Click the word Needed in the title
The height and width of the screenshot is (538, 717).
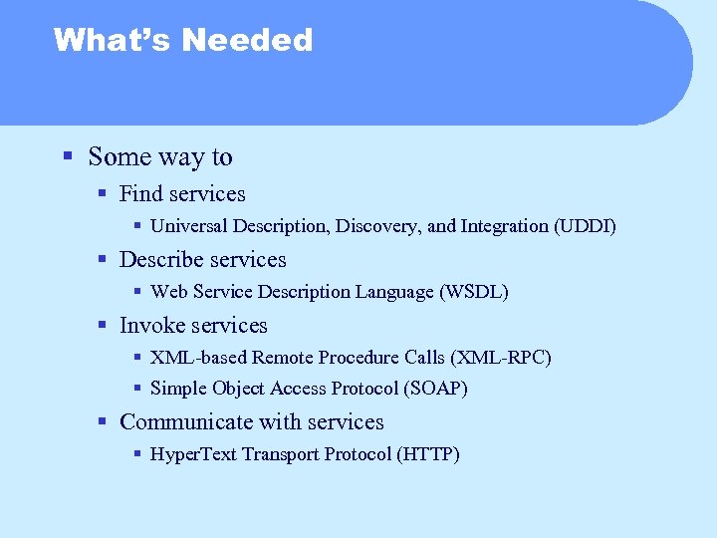click(247, 40)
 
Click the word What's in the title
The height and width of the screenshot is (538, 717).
click(112, 40)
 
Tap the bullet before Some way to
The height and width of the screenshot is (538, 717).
click(67, 156)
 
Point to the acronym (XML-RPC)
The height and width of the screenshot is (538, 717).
click(501, 357)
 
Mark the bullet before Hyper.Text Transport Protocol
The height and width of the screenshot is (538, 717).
click(137, 454)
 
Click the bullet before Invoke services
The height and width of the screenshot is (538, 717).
click(102, 325)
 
